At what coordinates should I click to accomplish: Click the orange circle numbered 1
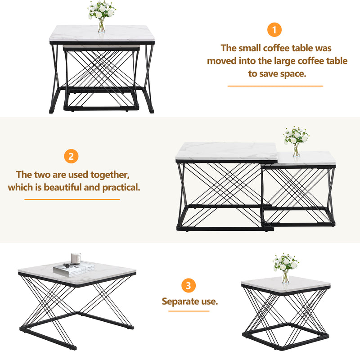(274, 30)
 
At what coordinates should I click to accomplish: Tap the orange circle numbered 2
(71, 156)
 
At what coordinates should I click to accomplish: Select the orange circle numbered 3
(189, 285)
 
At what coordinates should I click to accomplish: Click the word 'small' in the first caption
(250, 48)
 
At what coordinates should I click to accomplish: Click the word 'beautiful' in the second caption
(63, 187)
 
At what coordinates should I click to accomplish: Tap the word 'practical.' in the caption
(121, 188)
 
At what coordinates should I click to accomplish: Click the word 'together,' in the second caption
(110, 175)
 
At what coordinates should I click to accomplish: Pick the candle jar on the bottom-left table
(76, 259)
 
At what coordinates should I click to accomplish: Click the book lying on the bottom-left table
(74, 268)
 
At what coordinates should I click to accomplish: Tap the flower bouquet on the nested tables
(102, 10)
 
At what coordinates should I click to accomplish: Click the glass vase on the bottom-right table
(285, 276)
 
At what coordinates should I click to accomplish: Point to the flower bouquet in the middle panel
(296, 135)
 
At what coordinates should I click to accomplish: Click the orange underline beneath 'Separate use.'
(189, 311)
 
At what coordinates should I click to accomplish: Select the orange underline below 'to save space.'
(275, 86)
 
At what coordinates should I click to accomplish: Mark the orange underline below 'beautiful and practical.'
(72, 199)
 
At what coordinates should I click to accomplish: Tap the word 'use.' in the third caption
(209, 301)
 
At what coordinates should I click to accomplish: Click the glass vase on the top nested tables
(102, 25)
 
